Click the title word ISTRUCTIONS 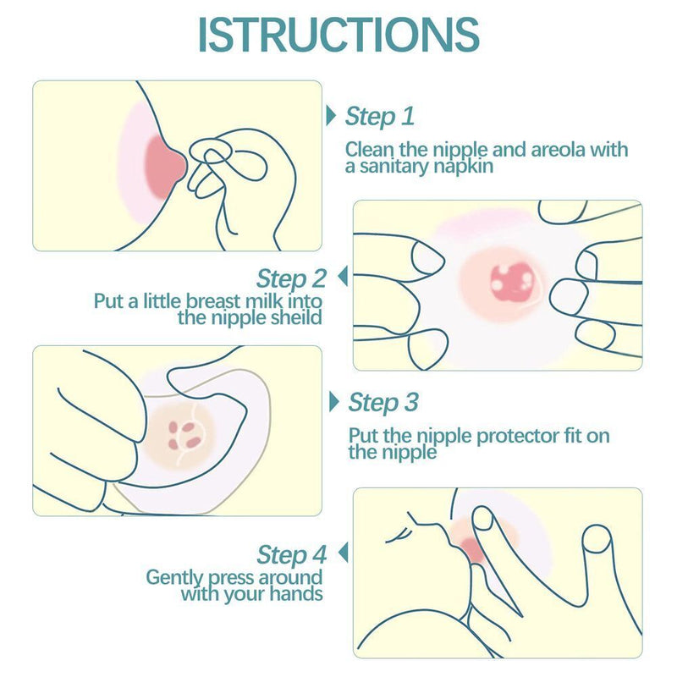[x=338, y=35]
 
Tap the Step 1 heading [x=379, y=117]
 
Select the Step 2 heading [x=291, y=278]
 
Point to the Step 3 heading [x=383, y=403]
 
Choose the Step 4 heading [x=291, y=554]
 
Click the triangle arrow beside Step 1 [x=331, y=116]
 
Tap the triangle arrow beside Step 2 [x=343, y=277]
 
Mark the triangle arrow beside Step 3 [x=333, y=401]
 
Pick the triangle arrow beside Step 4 [x=344, y=553]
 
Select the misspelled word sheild [x=297, y=318]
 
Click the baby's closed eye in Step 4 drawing [x=399, y=536]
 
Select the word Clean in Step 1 [x=369, y=150]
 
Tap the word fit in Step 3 [x=573, y=436]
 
